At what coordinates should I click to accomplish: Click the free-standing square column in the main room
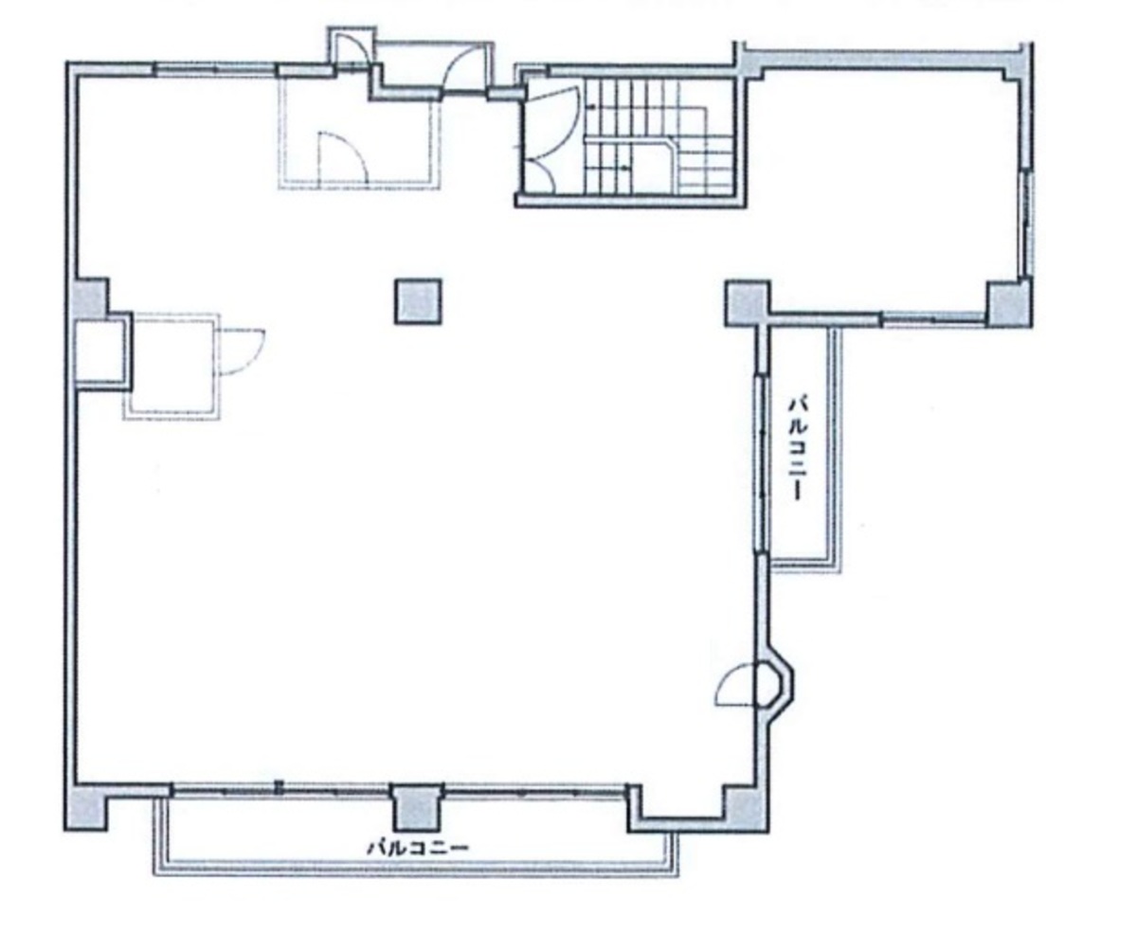coord(418,302)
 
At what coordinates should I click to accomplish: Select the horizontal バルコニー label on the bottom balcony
coord(418,847)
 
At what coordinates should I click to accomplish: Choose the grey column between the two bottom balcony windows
coord(417,808)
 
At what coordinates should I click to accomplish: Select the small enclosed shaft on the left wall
coord(99,351)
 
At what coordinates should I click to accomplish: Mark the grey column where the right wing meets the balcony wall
coord(747,302)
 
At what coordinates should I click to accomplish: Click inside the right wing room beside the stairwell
coord(881,189)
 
